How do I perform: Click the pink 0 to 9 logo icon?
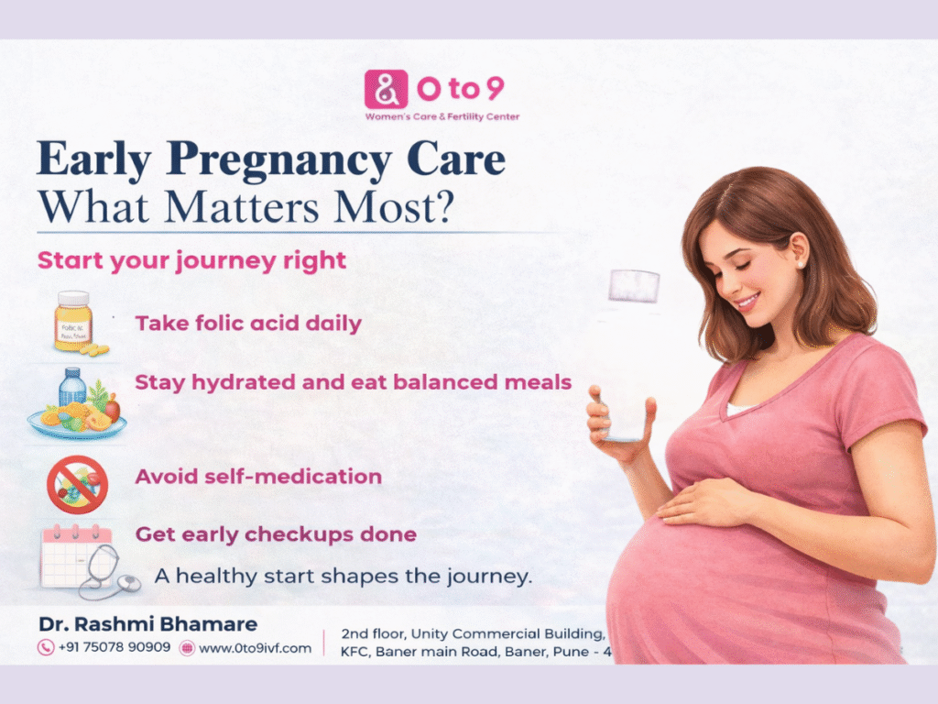(385, 90)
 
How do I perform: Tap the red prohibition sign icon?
(77, 483)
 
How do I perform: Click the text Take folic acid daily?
(248, 324)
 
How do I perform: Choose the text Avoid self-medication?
(258, 477)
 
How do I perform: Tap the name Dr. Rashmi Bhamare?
(148, 624)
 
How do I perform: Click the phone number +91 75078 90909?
(115, 648)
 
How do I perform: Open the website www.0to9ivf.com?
(256, 648)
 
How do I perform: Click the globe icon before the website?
(187, 648)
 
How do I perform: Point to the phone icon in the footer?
(45, 648)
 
